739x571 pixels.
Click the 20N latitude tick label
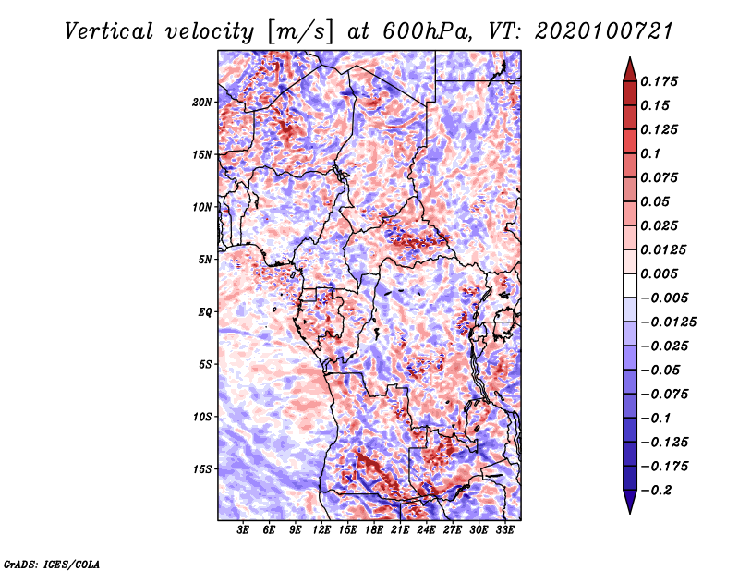tap(202, 102)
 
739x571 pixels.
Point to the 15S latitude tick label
tap(202, 468)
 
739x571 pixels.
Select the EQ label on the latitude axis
tap(206, 311)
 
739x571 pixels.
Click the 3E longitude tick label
tap(244, 530)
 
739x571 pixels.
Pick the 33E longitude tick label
tap(505, 530)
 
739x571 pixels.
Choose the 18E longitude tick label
tap(374, 530)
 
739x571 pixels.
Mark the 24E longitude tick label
tap(427, 530)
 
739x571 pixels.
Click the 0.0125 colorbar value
tap(666, 249)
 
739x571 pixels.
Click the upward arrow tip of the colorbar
tap(629, 60)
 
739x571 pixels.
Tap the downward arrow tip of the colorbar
tap(629, 511)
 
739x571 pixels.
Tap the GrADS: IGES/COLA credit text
tap(51, 563)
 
